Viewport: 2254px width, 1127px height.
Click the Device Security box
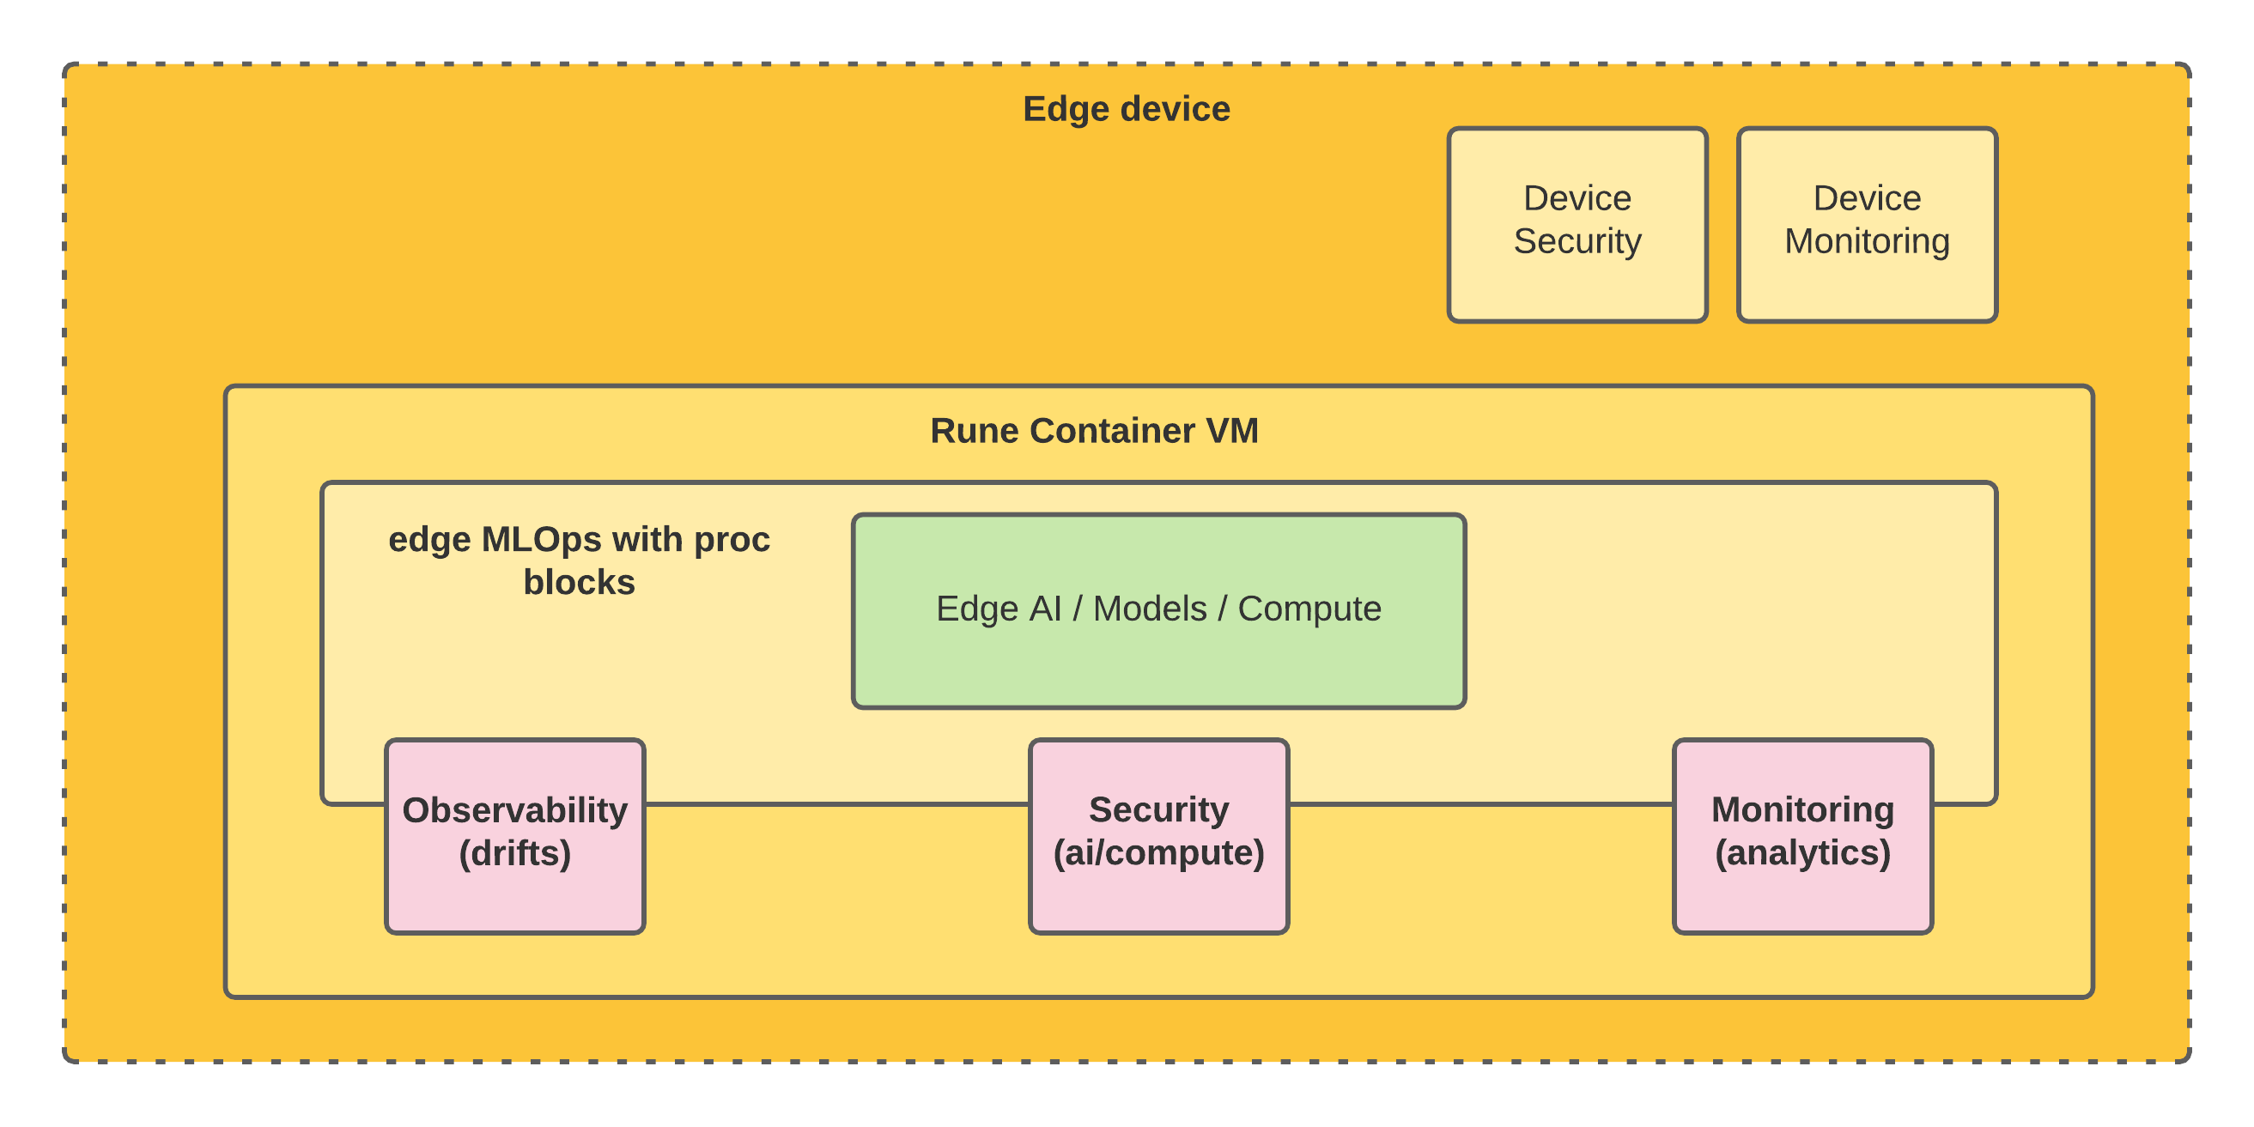click(x=1577, y=225)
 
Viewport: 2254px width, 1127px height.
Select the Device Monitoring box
click(x=1868, y=225)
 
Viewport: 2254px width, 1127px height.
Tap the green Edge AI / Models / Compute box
click(x=1158, y=611)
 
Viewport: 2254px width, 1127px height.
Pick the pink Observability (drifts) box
click(x=515, y=837)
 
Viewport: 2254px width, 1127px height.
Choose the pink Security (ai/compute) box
click(x=1158, y=837)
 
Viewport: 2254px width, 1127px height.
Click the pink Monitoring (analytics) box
click(x=1802, y=837)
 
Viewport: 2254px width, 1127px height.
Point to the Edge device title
click(x=1126, y=109)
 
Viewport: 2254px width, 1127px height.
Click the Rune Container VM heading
click(x=1094, y=431)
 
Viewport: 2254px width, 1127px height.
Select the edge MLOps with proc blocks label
click(x=580, y=560)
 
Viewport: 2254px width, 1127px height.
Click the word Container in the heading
click(x=1112, y=431)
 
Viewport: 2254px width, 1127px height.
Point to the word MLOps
click(x=542, y=540)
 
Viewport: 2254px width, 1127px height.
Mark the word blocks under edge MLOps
click(x=580, y=583)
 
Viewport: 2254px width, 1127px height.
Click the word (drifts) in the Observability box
click(x=515, y=853)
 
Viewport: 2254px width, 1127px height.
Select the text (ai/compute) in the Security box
click(x=1158, y=853)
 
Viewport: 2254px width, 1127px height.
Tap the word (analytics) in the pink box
click(x=1802, y=853)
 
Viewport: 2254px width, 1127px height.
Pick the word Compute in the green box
click(x=1309, y=609)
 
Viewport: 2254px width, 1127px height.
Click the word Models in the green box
click(x=1150, y=609)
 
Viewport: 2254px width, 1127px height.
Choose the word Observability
click(x=515, y=810)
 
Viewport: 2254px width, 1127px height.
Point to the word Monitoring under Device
click(x=1868, y=241)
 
